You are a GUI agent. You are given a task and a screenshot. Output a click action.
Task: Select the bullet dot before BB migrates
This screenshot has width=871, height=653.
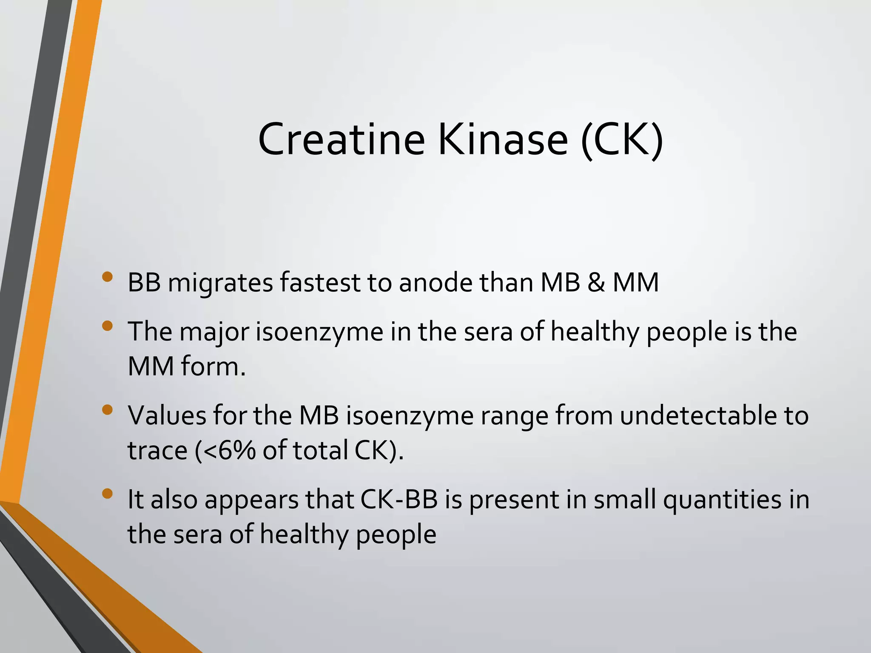coord(108,277)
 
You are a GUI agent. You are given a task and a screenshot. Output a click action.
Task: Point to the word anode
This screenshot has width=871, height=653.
coord(435,283)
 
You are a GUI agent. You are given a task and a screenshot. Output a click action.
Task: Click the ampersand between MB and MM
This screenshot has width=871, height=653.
coord(596,283)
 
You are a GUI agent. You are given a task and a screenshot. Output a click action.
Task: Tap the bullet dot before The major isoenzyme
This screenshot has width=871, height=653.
coord(108,326)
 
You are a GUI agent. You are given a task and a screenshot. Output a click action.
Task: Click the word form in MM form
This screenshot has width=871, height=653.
coord(213,366)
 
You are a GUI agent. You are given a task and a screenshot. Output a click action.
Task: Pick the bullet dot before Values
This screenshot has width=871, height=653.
coord(108,410)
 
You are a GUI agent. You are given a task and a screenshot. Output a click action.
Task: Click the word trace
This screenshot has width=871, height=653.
coord(157,451)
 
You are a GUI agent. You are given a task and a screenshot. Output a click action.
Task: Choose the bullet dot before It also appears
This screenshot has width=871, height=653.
coord(108,494)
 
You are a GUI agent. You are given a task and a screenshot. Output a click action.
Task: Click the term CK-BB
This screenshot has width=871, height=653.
coord(399,500)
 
